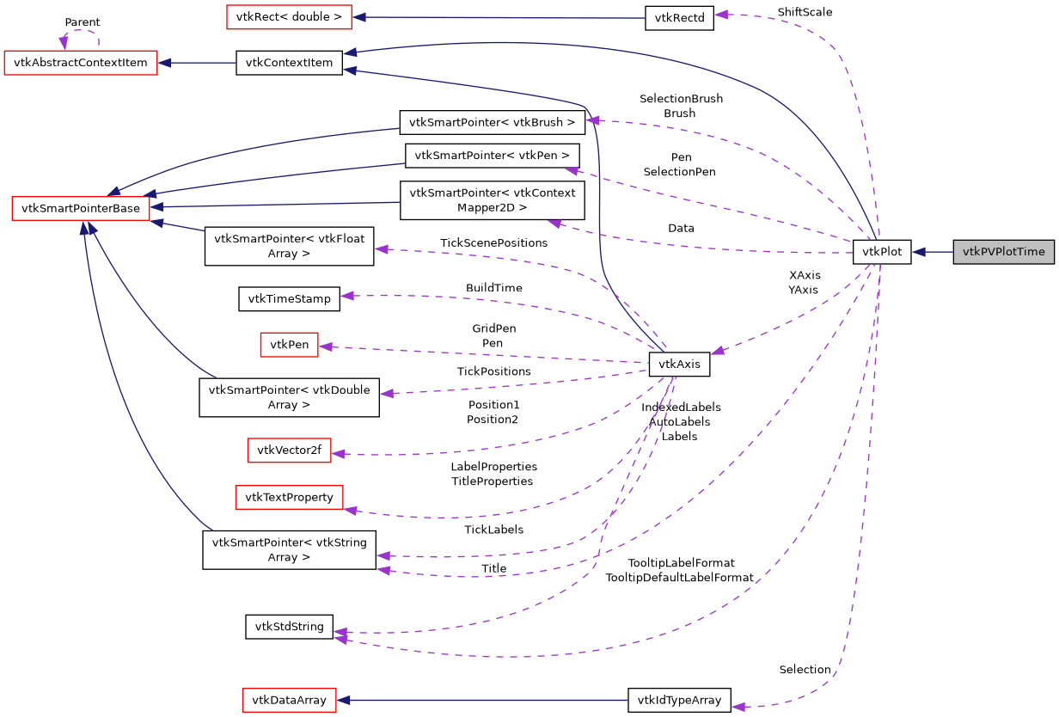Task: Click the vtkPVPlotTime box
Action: pyautogui.click(x=1003, y=252)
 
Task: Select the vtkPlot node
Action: pyautogui.click(x=881, y=252)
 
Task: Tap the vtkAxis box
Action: pyautogui.click(x=679, y=364)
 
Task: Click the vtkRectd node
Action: pyautogui.click(x=679, y=18)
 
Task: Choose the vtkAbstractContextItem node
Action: pyautogui.click(x=81, y=63)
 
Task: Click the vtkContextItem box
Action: pyautogui.click(x=290, y=63)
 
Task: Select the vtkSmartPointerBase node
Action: pyautogui.click(x=81, y=208)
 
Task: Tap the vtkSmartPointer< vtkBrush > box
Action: pyautogui.click(x=492, y=122)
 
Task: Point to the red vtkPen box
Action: pyautogui.click(x=289, y=345)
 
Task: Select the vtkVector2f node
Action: pyautogui.click(x=290, y=450)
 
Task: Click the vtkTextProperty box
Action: pyautogui.click(x=289, y=496)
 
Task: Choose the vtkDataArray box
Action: pyautogui.click(x=289, y=700)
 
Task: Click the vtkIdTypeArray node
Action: pyautogui.click(x=679, y=700)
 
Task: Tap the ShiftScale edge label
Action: pyautogui.click(x=805, y=12)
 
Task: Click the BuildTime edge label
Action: pyautogui.click(x=493, y=288)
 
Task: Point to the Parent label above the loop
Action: pyautogui.click(x=82, y=22)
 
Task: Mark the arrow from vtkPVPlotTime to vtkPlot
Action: pyautogui.click(x=933, y=252)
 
